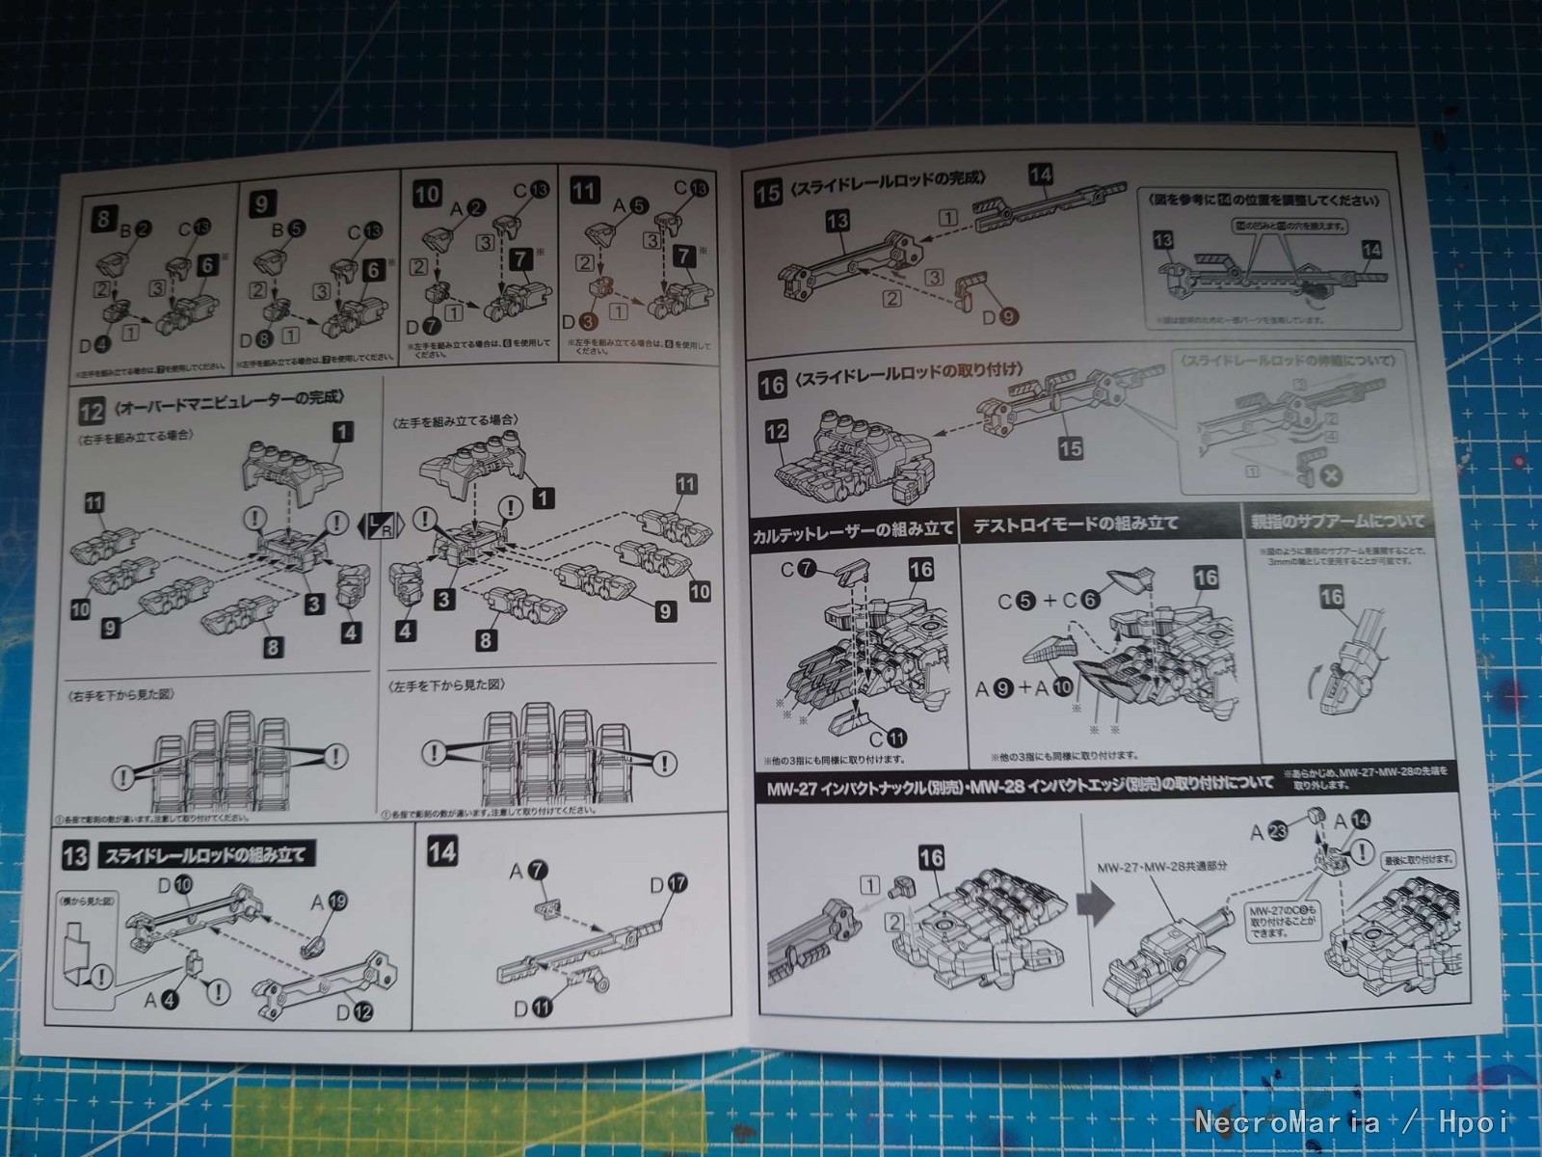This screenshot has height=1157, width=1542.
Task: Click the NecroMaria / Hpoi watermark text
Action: click(1352, 1121)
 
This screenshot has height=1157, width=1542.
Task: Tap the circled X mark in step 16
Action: click(1331, 474)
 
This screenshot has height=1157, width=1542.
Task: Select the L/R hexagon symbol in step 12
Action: click(378, 525)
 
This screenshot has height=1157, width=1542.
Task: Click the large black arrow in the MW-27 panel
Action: click(1095, 905)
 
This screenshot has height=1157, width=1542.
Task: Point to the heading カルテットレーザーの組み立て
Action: click(853, 530)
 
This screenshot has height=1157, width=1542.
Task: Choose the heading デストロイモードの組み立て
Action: click(1075, 525)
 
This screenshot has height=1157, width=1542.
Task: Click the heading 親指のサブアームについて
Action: click(1337, 522)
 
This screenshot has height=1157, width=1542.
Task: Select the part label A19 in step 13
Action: click(329, 901)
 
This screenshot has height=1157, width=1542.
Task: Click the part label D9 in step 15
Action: click(998, 315)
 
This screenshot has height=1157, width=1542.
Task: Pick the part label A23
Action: click(1268, 831)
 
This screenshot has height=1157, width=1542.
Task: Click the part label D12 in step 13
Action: click(354, 1011)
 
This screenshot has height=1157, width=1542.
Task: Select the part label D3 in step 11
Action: click(578, 321)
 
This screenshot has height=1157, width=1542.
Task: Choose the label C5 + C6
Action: click(1049, 601)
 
